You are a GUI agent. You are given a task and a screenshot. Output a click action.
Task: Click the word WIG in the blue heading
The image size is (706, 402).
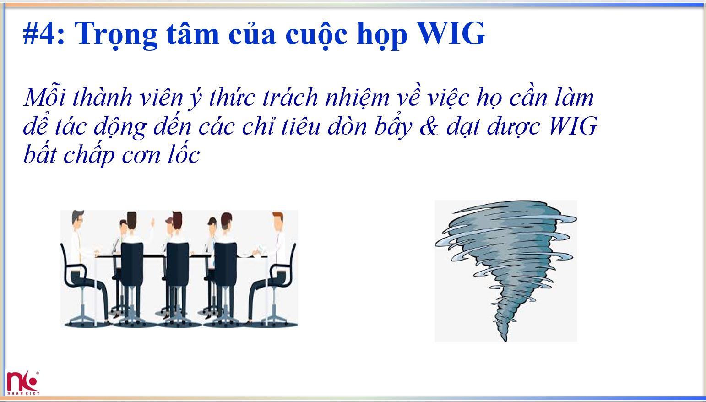(x=451, y=34)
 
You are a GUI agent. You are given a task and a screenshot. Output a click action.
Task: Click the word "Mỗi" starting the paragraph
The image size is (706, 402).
(x=45, y=98)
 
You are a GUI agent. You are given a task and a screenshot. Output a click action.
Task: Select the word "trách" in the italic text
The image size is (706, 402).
(x=290, y=98)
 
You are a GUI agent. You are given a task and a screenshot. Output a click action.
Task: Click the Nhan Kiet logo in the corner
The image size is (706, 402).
(x=22, y=383)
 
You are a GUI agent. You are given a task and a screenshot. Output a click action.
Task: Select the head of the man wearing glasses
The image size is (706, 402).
(x=79, y=220)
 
